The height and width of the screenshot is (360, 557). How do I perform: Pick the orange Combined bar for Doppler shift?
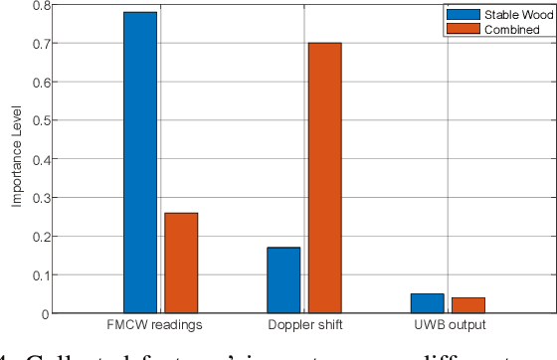coord(324,178)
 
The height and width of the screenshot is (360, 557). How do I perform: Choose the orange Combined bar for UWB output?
coord(468,304)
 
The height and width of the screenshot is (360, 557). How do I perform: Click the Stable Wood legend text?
coord(511,15)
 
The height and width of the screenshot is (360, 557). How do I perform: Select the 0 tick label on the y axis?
coord(44,314)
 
